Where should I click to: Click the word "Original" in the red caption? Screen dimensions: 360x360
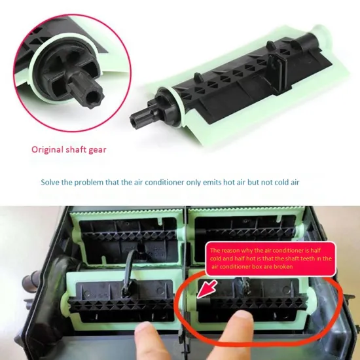47,149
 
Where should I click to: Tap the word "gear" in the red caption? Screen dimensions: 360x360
94,149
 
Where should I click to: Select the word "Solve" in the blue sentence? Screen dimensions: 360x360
52,183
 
